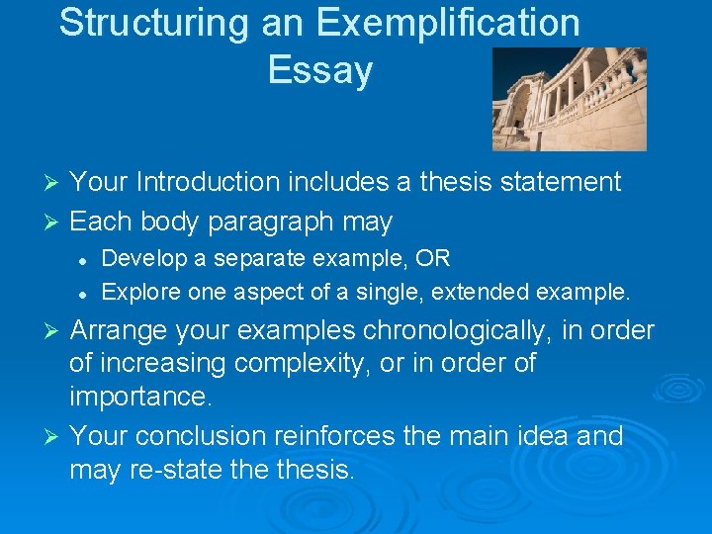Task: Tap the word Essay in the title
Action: pyautogui.click(x=319, y=70)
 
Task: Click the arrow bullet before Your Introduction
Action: pyautogui.click(x=55, y=184)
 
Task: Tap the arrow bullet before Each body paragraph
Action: pyautogui.click(x=55, y=223)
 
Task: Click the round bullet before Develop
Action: pyautogui.click(x=86, y=260)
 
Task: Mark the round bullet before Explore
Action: pyautogui.click(x=86, y=293)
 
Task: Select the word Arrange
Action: pyautogui.click(x=120, y=329)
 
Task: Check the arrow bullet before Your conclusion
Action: pyautogui.click(x=55, y=437)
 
